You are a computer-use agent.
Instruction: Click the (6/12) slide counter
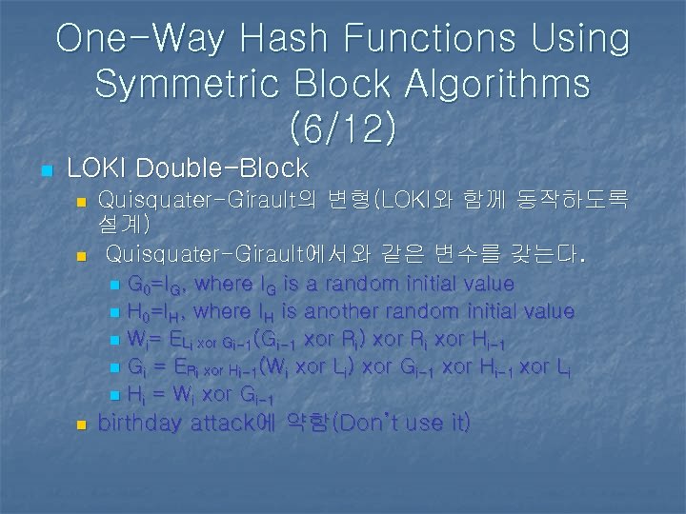[343, 128]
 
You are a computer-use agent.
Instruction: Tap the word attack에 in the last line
[238, 423]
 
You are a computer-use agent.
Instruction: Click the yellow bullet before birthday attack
[81, 425]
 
